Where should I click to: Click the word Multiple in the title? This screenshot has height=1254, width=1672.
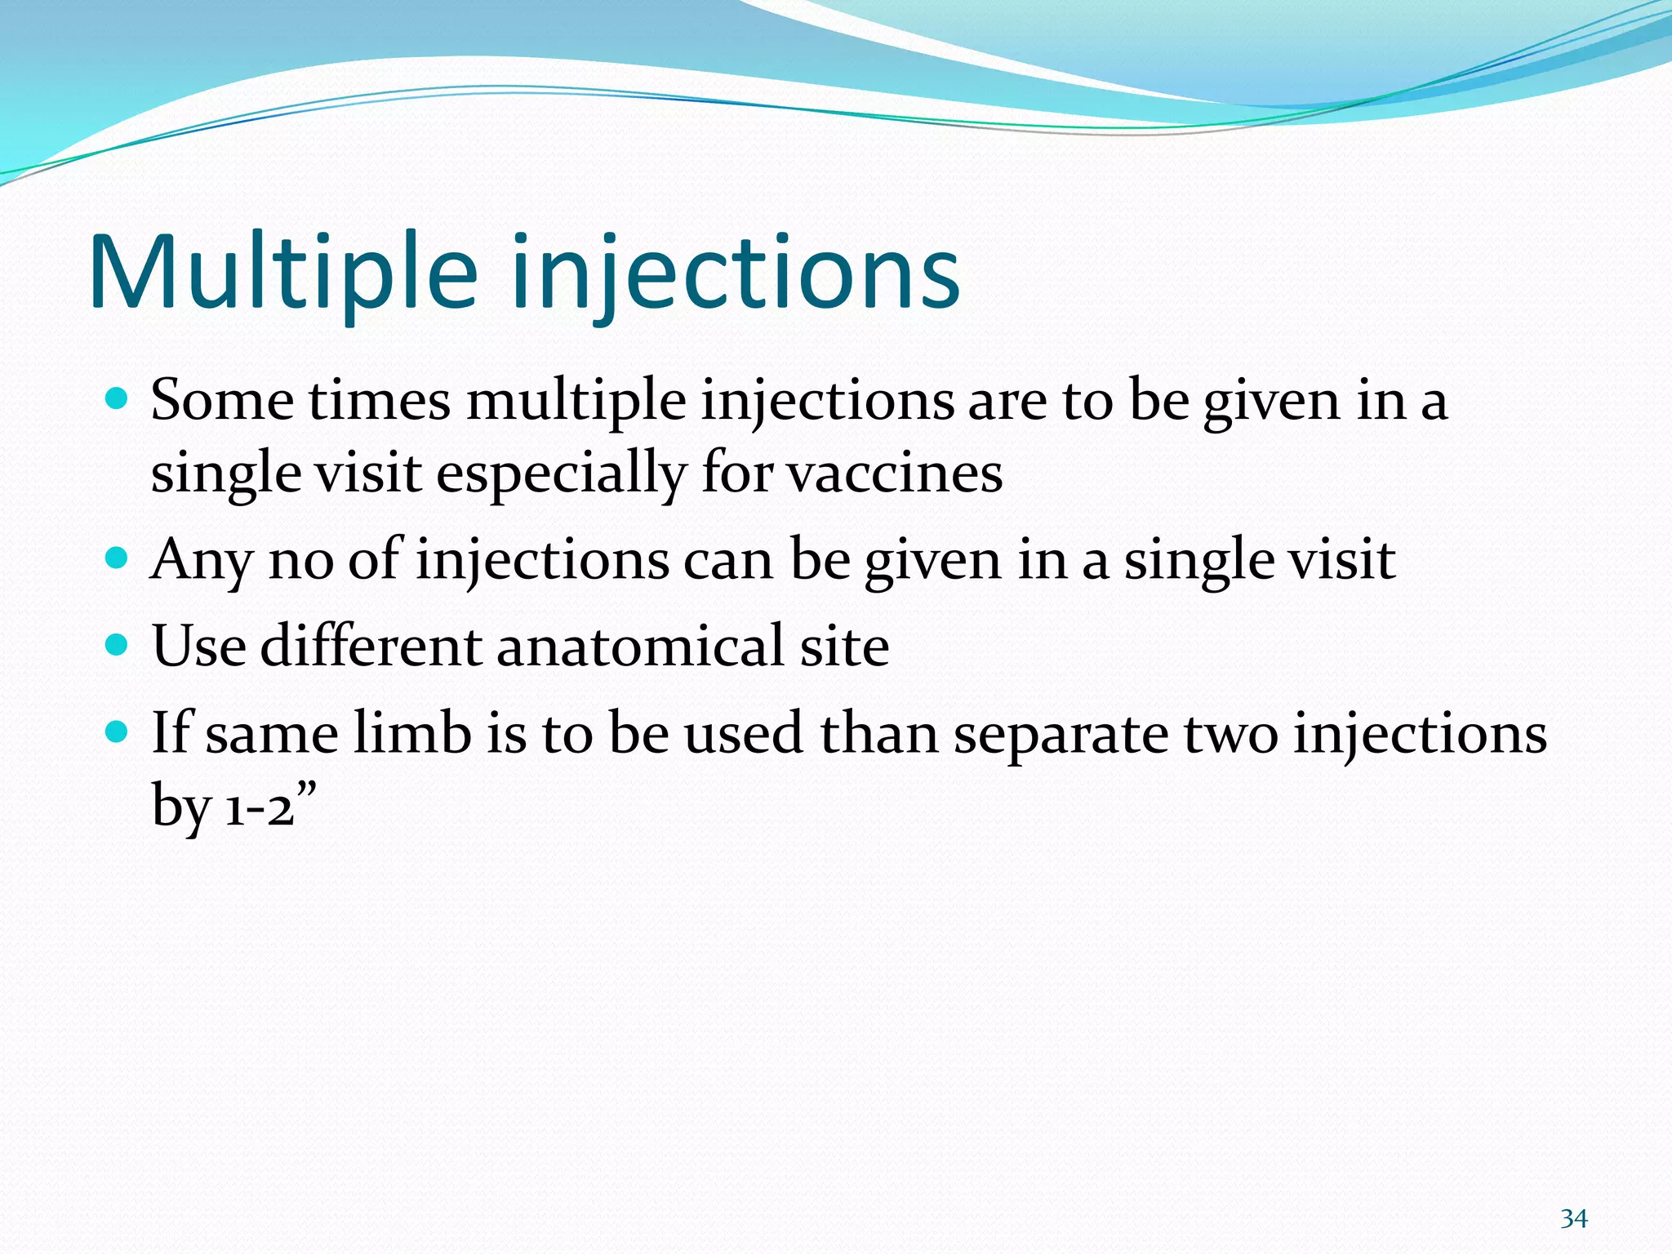[282, 273]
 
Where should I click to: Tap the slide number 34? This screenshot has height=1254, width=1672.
[1573, 1219]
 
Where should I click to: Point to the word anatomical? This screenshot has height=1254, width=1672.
[639, 646]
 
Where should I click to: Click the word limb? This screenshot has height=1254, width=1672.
[412, 732]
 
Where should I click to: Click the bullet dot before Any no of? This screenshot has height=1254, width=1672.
[118, 558]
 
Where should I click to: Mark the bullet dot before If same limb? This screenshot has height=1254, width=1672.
[118, 731]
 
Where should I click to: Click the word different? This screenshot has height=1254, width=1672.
[371, 646]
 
